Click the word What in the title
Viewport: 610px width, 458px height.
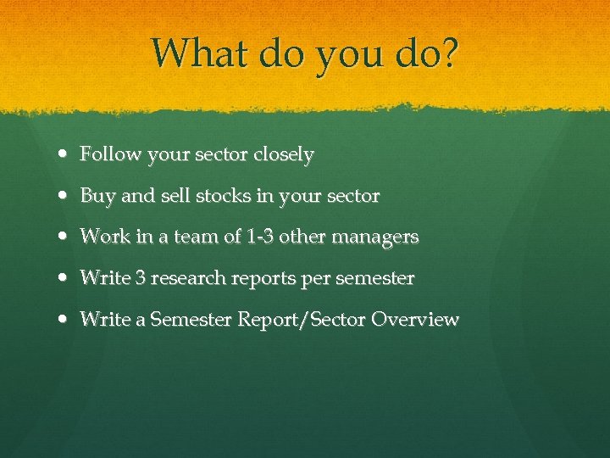click(x=194, y=53)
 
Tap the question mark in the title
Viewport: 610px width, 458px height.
click(x=448, y=53)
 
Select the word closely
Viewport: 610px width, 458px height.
click(x=283, y=155)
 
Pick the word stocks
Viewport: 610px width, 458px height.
click(x=224, y=196)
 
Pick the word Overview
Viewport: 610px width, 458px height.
click(x=415, y=320)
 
